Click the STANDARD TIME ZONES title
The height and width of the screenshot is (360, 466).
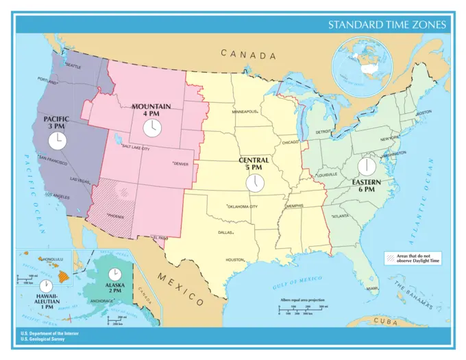[387, 25]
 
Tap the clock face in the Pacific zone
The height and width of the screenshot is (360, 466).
[57, 141]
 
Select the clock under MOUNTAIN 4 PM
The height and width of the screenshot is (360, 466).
[151, 128]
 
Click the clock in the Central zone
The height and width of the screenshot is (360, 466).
[254, 182]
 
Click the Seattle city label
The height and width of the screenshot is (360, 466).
[73, 67]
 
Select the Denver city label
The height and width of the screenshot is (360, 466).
[182, 164]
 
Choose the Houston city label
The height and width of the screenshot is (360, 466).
[235, 260]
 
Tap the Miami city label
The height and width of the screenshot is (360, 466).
[372, 289]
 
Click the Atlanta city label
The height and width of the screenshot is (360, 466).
[340, 216]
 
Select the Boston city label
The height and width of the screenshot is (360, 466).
[424, 112]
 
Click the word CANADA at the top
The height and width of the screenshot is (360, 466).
[248, 55]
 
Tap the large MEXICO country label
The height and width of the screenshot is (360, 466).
[181, 289]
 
